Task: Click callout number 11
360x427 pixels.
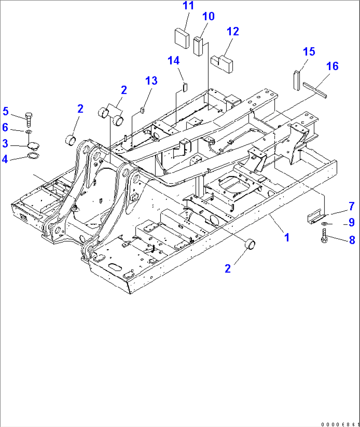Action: tap(188, 6)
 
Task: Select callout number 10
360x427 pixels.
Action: tap(208, 17)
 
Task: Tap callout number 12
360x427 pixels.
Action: tap(233, 32)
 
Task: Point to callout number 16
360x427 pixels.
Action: tap(332, 66)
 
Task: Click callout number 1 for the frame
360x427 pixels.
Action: tap(287, 237)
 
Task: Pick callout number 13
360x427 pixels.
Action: tap(151, 81)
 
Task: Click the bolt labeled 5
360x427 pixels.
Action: tap(29, 119)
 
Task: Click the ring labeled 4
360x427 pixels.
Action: tap(33, 156)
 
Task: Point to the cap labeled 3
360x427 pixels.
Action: tap(33, 145)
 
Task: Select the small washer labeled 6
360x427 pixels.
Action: tap(29, 132)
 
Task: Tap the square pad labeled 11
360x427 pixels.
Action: tap(182, 38)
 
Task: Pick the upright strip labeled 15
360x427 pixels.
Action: tap(296, 80)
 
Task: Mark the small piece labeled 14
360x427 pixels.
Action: tap(185, 87)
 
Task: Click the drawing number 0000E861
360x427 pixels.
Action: tap(340, 424)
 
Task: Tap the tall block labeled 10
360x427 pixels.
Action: tap(198, 47)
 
